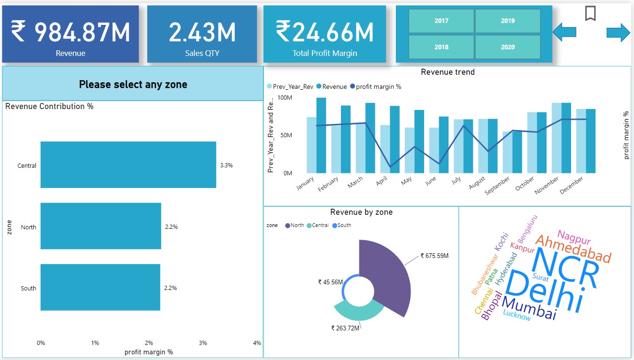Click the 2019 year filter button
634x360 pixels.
pyautogui.click(x=508, y=21)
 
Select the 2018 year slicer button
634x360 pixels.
pyautogui.click(x=441, y=47)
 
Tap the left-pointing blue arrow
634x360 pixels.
pyautogui.click(x=564, y=32)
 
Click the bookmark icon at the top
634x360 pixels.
pyautogui.click(x=590, y=13)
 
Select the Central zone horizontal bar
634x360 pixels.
pyautogui.click(x=128, y=165)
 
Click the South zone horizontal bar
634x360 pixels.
pyautogui.click(x=101, y=288)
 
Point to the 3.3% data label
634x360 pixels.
pyautogui.click(x=226, y=165)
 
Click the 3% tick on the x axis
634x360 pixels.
pyautogui.click(x=203, y=343)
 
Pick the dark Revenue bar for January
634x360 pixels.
pyautogui.click(x=321, y=135)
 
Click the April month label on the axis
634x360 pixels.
pyautogui.click(x=382, y=182)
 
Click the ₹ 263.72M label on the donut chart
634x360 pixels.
pyautogui.click(x=345, y=328)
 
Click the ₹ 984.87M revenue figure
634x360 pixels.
pyautogui.click(x=70, y=32)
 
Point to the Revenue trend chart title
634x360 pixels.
pyautogui.click(x=448, y=72)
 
